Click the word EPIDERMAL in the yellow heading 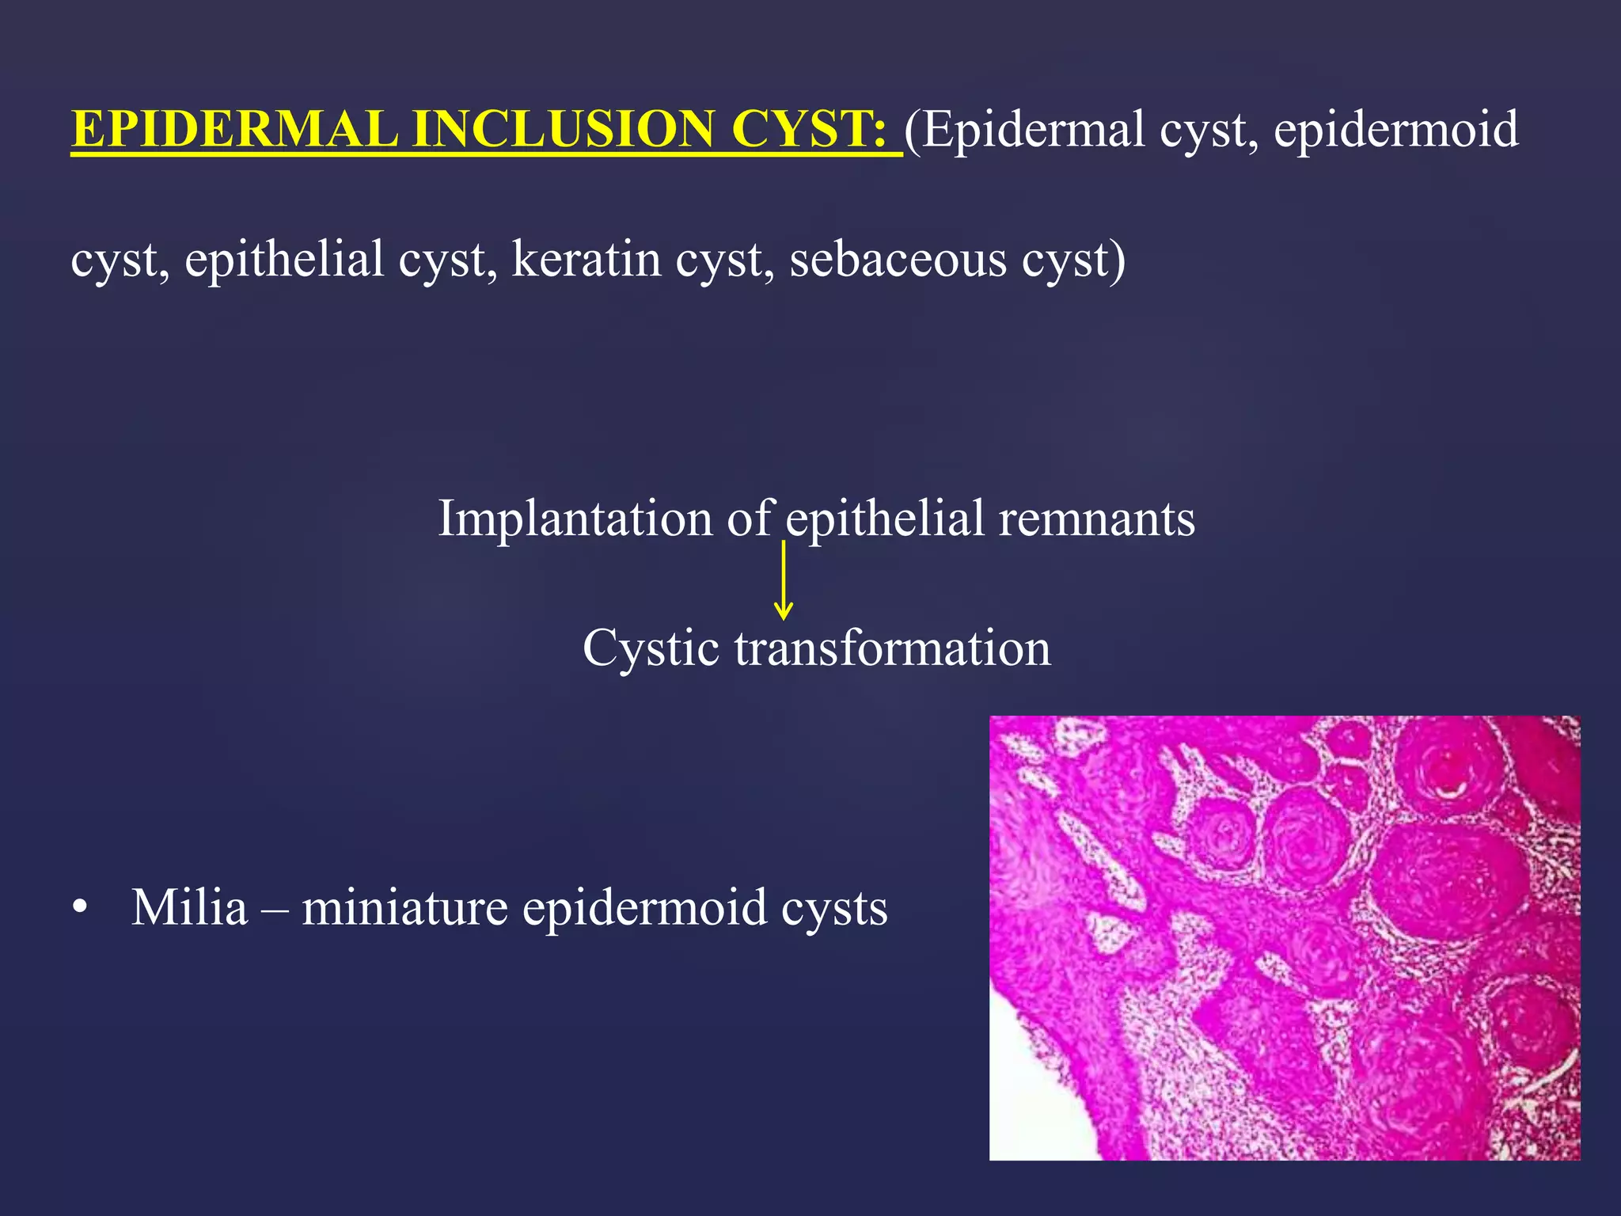(234, 129)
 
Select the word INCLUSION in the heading (563, 129)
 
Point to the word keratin (587, 259)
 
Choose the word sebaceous (898, 259)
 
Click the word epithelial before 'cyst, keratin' (284, 259)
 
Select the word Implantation (575, 519)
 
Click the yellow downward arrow (783, 582)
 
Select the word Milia (189, 907)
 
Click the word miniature (404, 907)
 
